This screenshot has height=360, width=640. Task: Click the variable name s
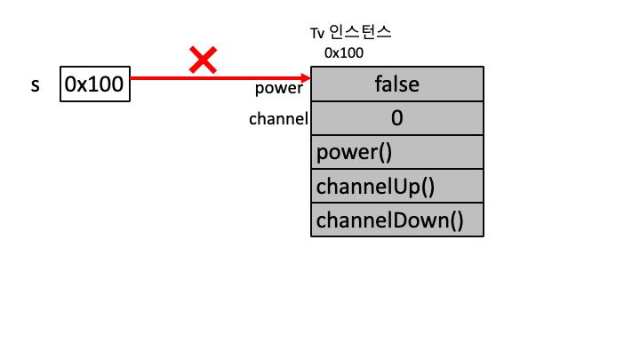click(36, 86)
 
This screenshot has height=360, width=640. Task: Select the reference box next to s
click(95, 84)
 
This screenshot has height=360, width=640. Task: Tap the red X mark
click(204, 60)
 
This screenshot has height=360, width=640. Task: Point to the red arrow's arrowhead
click(305, 78)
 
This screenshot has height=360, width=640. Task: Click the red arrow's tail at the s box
click(133, 78)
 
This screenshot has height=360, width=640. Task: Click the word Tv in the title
click(316, 33)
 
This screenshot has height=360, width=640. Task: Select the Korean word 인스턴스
click(360, 33)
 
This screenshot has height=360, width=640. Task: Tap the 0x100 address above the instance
click(343, 53)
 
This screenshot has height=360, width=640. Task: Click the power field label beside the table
click(279, 88)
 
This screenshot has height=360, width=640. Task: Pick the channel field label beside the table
click(278, 118)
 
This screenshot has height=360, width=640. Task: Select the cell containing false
click(397, 84)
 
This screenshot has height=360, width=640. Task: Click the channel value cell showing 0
click(397, 117)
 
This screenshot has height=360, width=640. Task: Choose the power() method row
click(397, 151)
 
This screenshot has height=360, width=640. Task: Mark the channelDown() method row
click(397, 219)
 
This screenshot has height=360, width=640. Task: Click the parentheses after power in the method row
click(384, 151)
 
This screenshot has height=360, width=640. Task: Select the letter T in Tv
click(314, 33)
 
